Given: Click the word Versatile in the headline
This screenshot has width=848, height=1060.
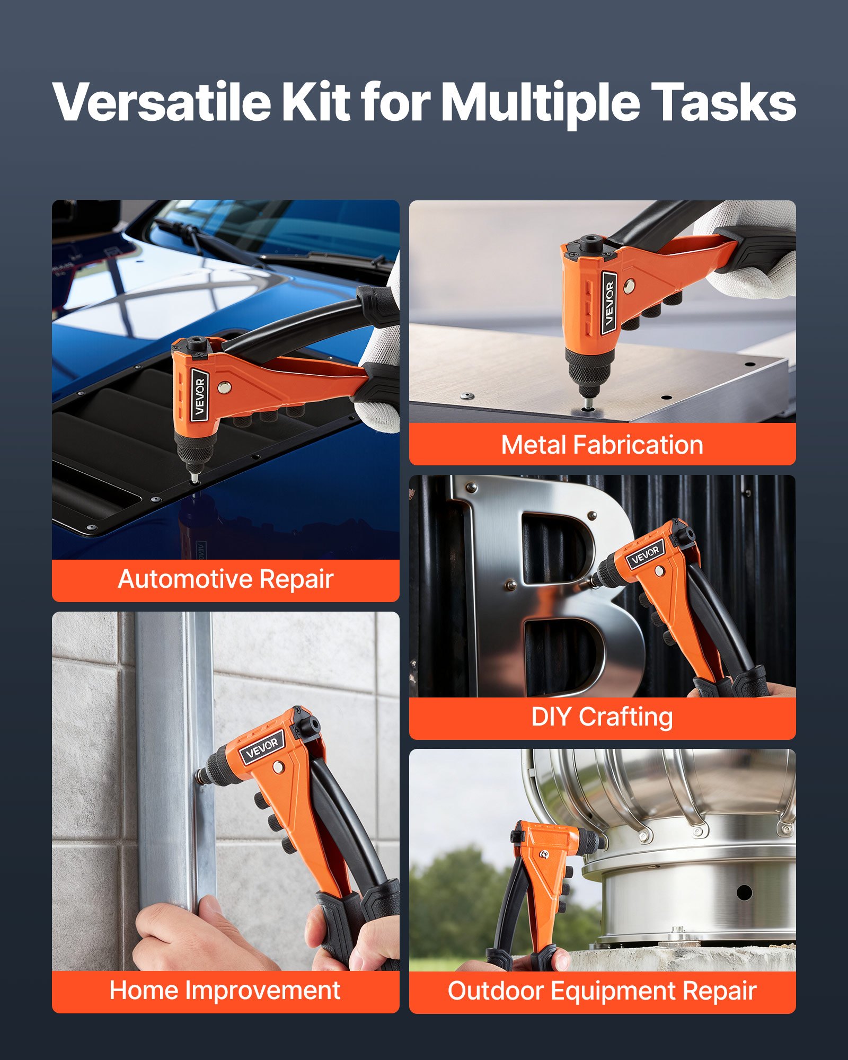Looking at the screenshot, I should point(162,102).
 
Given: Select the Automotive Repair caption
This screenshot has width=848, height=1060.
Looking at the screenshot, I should point(226,579).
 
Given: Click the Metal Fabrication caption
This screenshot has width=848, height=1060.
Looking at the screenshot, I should point(602,445).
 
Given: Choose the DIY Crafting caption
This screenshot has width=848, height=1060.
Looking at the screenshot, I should point(602,717).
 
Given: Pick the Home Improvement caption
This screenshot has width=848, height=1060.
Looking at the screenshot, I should point(225,991).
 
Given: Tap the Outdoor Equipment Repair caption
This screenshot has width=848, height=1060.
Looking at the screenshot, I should point(602,991).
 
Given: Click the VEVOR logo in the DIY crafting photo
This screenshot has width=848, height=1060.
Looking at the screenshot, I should point(646,555).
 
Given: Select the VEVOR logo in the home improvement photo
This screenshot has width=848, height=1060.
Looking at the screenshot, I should point(262,747).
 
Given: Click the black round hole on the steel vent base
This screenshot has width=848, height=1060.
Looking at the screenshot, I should point(744,893).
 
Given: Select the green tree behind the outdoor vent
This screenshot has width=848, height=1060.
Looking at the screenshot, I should point(461,901).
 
